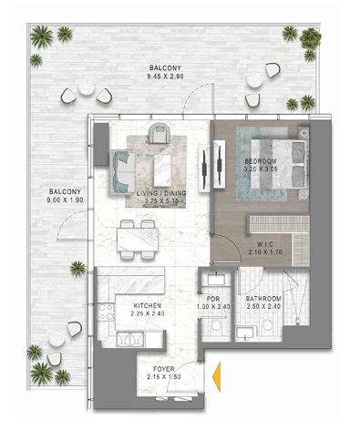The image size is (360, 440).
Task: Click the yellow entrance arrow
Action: (216, 377)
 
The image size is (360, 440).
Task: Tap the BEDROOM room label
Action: (261, 161)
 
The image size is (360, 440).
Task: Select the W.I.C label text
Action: (265, 244)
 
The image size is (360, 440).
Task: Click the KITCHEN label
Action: (148, 306)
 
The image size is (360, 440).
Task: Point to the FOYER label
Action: (164, 369)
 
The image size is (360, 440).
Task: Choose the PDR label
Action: (213, 299)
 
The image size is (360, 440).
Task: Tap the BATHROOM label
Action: (263, 299)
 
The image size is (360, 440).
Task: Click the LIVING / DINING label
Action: (161, 193)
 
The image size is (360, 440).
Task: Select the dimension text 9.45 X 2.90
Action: (165, 77)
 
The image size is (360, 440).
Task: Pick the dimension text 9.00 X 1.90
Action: (65, 200)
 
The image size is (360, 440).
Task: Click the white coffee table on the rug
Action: (162, 170)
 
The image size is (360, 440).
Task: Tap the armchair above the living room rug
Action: (159, 132)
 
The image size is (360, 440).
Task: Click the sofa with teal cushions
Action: (123, 172)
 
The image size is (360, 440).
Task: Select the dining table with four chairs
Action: (138, 240)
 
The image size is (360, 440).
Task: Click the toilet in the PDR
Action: (216, 327)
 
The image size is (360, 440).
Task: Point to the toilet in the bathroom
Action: (267, 326)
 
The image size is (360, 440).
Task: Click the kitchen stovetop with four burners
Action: (106, 312)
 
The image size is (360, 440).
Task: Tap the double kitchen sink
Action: (130, 339)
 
